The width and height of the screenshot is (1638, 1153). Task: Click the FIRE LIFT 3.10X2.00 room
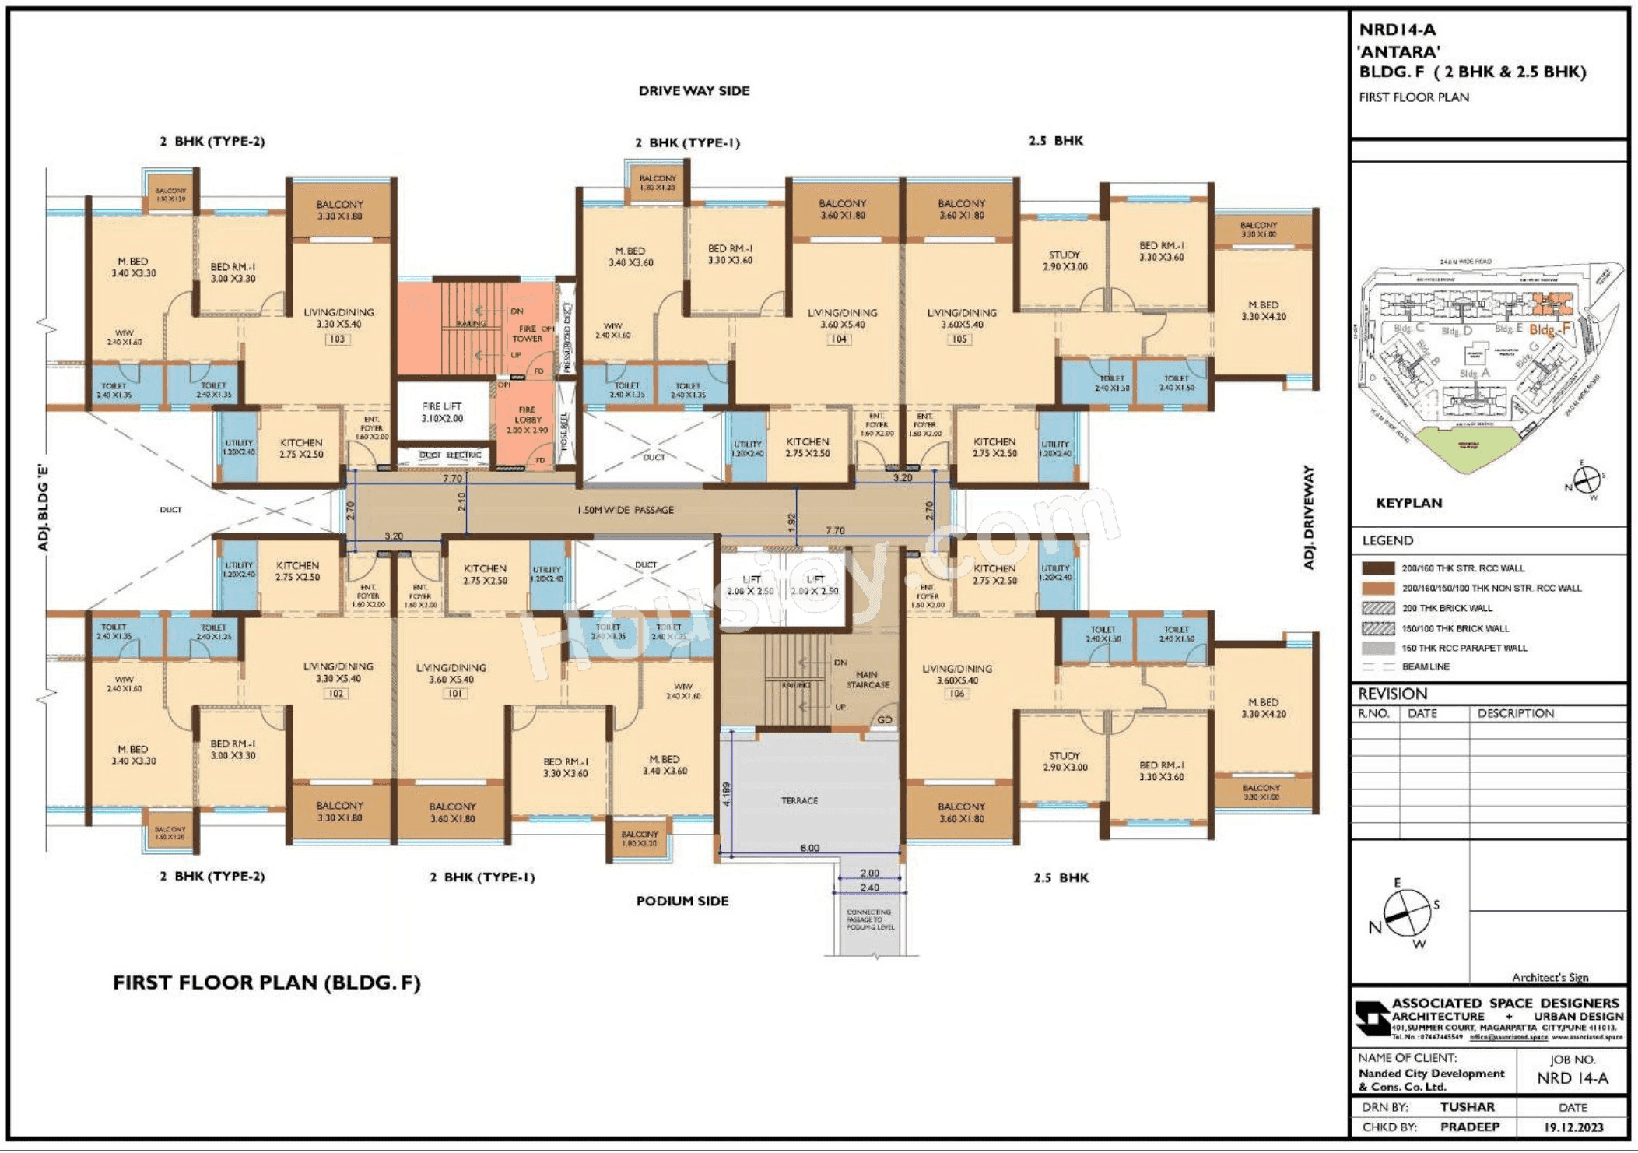(x=442, y=413)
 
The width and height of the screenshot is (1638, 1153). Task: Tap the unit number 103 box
(x=337, y=339)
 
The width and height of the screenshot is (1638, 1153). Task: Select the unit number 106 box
(x=957, y=694)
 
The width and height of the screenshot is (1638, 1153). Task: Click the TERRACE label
(x=799, y=800)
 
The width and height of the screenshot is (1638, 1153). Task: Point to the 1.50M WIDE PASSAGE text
(x=625, y=510)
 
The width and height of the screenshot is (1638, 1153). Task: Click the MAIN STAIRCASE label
(x=868, y=680)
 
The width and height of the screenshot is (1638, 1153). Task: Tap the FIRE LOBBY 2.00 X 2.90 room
(x=527, y=420)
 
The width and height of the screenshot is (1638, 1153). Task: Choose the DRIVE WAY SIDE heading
(x=694, y=91)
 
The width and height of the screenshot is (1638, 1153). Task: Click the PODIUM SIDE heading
(x=682, y=901)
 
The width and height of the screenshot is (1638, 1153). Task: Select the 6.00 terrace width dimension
(x=809, y=848)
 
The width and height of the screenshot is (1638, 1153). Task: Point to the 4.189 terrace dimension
(x=727, y=794)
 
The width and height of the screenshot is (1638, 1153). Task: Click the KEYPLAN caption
(x=1408, y=503)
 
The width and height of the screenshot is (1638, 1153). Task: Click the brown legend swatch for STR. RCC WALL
(x=1377, y=568)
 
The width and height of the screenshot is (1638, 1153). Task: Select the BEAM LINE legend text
(x=1426, y=666)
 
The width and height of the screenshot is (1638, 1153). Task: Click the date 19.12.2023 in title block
(x=1573, y=1127)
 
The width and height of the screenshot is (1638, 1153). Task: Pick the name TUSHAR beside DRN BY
(x=1467, y=1107)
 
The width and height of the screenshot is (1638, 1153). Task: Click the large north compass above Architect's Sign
(x=1407, y=913)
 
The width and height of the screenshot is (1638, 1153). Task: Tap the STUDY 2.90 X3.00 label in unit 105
(x=1065, y=261)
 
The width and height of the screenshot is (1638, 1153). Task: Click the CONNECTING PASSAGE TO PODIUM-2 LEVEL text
(x=870, y=919)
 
